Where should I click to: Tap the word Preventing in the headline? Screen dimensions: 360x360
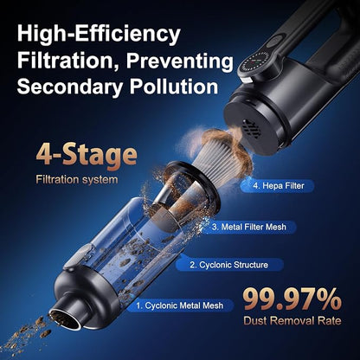coord(179,61)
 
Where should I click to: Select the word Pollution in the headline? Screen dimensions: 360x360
coord(174,86)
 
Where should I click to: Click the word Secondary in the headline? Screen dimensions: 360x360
coord(71,87)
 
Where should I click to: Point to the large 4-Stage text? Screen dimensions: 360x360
coord(87,156)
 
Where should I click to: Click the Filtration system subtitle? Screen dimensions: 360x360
coord(77,180)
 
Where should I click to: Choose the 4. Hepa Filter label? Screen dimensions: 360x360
coord(279,185)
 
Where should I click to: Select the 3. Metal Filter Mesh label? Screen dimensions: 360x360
coord(249,227)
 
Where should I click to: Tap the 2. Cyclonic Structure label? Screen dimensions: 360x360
coord(228,265)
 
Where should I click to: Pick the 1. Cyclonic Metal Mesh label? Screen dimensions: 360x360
coord(180,305)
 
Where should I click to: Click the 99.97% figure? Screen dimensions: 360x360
coord(292,299)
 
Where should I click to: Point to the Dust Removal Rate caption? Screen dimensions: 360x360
coord(292,320)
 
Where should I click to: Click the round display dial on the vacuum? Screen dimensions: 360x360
coord(253,64)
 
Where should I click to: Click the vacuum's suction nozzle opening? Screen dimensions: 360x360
coord(65,318)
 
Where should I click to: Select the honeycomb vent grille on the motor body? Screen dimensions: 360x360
coord(250,129)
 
